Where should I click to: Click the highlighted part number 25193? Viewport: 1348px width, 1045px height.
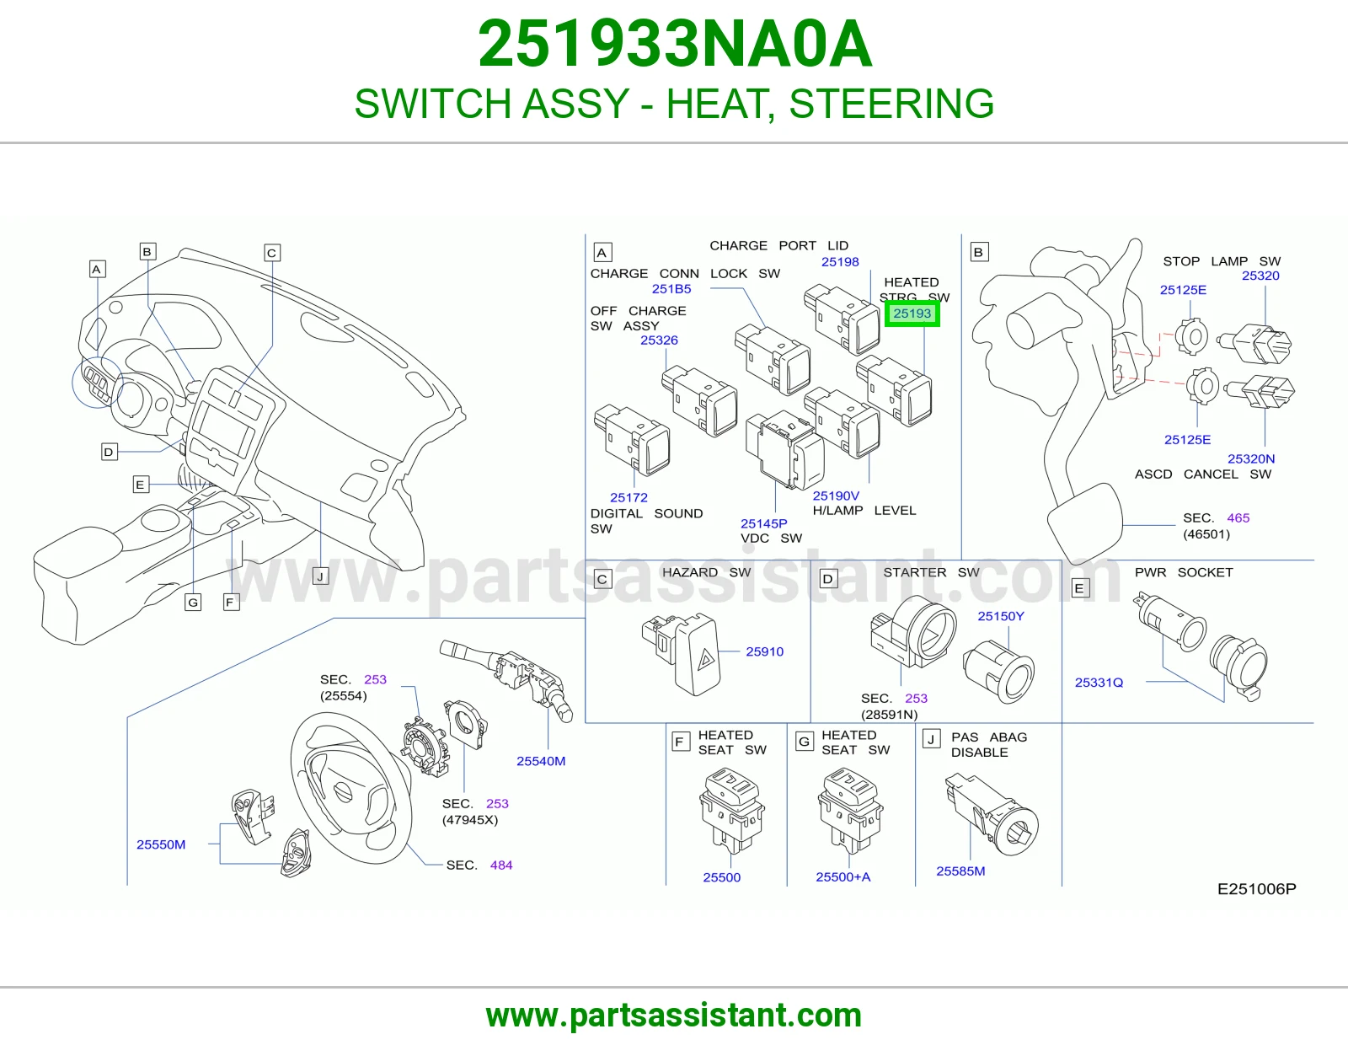[912, 313]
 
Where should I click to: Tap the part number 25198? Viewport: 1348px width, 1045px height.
[840, 262]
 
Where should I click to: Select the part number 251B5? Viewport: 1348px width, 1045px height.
[671, 288]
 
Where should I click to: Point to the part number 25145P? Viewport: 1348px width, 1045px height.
[763, 523]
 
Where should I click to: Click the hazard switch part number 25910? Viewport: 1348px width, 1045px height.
[764, 651]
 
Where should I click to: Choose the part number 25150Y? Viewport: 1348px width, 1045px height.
[1001, 616]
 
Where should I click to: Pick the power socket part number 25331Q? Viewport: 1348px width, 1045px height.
[1099, 683]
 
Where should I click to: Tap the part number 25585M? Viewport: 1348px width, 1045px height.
[960, 871]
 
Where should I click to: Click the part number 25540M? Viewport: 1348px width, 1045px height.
[541, 761]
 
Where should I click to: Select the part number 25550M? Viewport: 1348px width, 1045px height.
[161, 844]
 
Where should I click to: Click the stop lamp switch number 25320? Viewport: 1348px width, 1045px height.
[1260, 276]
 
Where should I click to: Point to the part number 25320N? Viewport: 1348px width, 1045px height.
[1251, 459]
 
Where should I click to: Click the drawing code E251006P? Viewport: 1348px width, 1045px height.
[1257, 889]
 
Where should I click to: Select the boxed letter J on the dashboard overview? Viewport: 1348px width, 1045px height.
[320, 576]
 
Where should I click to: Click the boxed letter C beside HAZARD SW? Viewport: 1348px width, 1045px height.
[602, 580]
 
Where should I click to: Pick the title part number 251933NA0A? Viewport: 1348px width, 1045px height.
[675, 44]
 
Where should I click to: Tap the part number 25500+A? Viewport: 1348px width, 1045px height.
[843, 876]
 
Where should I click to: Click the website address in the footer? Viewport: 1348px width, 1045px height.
[674, 1016]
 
